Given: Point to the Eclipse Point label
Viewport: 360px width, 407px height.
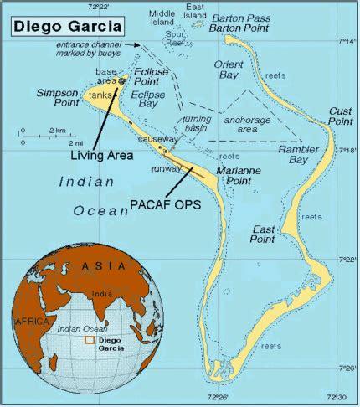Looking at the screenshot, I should [x=152, y=77].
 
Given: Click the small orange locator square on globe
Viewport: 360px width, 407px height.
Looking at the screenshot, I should [x=89, y=341].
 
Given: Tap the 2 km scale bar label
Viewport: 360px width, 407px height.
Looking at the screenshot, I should [x=57, y=131].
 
